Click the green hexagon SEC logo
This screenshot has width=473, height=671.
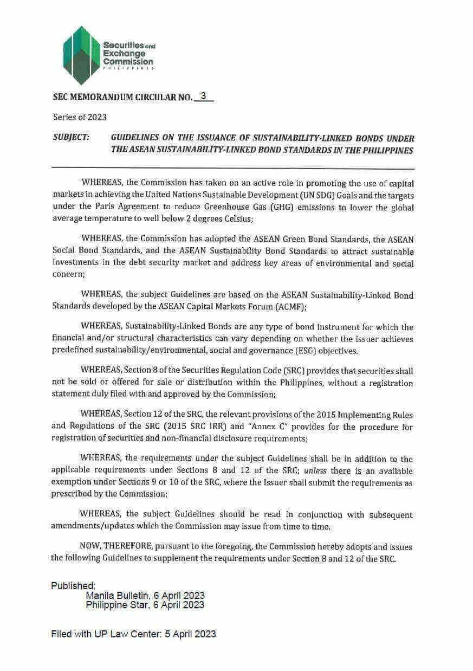click(82, 55)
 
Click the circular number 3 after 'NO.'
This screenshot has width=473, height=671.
click(203, 96)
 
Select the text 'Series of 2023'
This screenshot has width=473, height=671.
click(80, 117)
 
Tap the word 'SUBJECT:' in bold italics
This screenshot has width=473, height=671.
click(72, 138)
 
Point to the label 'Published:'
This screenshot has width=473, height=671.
click(74, 585)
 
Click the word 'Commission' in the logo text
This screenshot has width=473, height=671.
click(128, 62)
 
